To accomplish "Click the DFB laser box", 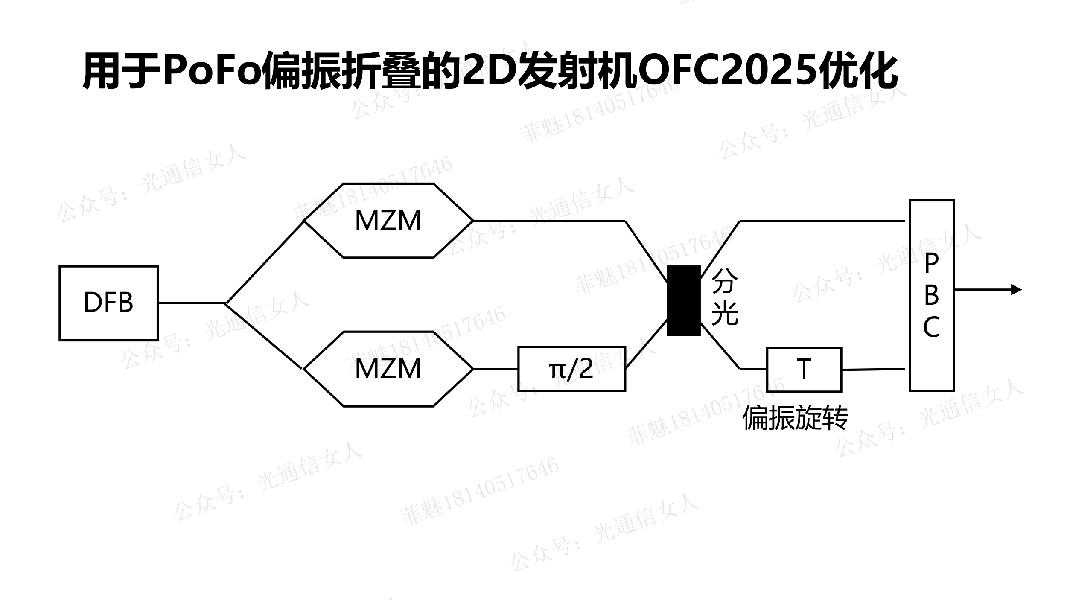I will pyautogui.click(x=108, y=303).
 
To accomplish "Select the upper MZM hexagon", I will pyautogui.click(x=388, y=221).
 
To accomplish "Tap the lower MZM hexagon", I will pyautogui.click(x=388, y=369).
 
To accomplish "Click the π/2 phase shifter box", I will pyautogui.click(x=571, y=369).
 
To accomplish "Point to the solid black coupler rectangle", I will pyautogui.click(x=684, y=300).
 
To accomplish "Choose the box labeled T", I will pyautogui.click(x=804, y=369).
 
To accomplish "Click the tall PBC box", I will pyautogui.click(x=932, y=295).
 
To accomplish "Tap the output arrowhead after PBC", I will pyautogui.click(x=1017, y=290).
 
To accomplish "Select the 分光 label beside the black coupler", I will pyautogui.click(x=725, y=297).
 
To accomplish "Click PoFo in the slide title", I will pyautogui.click(x=212, y=70).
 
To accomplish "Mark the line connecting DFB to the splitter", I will pyautogui.click(x=192, y=303).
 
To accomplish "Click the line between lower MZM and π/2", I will pyautogui.click(x=496, y=369).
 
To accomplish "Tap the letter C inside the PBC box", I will pyautogui.click(x=931, y=327).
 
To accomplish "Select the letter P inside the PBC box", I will pyautogui.click(x=931, y=263).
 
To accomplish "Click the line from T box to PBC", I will pyautogui.click(x=873, y=370).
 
